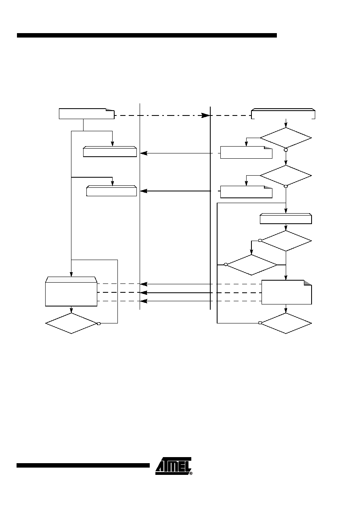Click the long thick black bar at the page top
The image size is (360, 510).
147,35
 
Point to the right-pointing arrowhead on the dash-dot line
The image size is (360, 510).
205,115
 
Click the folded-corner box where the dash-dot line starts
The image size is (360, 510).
86,113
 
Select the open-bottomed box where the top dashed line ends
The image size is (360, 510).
283,113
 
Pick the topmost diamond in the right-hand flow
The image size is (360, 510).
286,138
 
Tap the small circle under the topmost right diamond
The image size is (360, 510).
286,150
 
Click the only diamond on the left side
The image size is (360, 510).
71,323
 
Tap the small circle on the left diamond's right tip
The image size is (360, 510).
99,323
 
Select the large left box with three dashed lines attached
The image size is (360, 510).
71,292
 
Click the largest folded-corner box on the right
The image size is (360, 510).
287,292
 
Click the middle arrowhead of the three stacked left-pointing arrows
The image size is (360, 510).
144,293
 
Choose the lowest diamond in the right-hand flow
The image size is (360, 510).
286,323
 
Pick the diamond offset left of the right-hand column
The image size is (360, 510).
251,265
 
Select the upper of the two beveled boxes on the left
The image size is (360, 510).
110,152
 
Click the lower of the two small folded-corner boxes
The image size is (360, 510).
246,192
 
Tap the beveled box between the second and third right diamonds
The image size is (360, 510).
286,218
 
